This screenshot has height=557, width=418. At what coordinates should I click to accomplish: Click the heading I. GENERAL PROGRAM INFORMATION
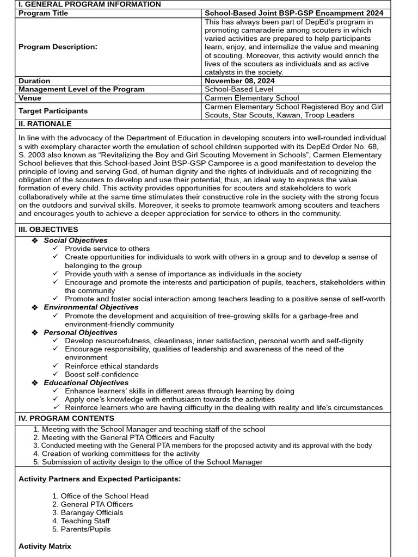click(90, 4)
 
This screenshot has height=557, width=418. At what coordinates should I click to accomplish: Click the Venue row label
click(30, 98)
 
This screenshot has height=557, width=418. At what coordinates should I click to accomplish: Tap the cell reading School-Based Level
click(239, 89)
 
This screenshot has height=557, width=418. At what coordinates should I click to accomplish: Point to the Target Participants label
click(53, 111)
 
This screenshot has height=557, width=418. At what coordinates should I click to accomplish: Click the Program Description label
click(58, 47)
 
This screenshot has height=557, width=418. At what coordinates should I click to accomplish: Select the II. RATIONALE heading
click(45, 124)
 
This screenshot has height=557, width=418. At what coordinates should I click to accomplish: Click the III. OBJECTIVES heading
click(48, 230)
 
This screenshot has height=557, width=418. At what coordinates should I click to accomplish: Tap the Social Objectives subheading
click(76, 240)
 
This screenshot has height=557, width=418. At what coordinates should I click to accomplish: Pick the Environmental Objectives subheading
click(91, 307)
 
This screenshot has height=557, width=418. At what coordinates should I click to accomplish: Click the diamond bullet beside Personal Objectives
click(35, 332)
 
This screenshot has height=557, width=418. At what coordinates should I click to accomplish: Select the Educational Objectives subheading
click(86, 383)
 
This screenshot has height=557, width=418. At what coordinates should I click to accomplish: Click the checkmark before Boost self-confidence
click(56, 374)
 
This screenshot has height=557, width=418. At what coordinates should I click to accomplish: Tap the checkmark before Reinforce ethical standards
click(56, 366)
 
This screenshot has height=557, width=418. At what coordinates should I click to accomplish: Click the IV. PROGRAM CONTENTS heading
click(66, 418)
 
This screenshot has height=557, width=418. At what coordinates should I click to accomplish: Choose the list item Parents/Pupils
click(85, 529)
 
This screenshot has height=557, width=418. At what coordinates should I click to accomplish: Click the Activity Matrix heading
click(45, 546)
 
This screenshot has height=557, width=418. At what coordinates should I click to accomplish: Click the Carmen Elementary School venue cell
click(251, 98)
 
